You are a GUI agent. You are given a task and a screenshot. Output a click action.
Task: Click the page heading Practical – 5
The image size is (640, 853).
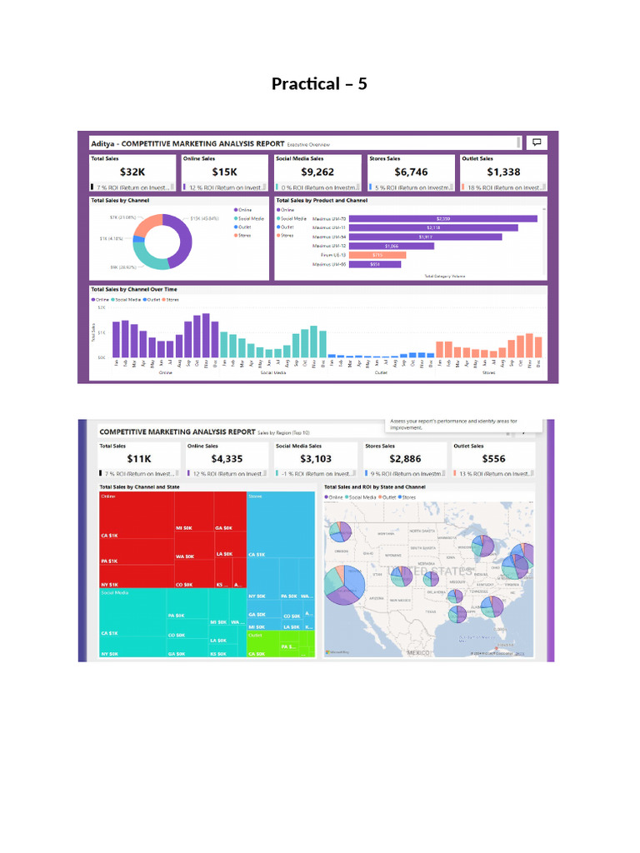point(319,84)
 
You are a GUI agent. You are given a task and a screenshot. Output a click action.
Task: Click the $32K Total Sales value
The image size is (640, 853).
point(132,172)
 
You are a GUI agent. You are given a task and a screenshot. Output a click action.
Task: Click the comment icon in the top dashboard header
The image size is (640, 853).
point(537,142)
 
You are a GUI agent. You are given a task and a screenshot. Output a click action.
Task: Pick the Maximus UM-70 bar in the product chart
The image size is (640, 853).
point(442,218)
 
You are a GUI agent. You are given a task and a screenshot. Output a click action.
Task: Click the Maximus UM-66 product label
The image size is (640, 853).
point(329,264)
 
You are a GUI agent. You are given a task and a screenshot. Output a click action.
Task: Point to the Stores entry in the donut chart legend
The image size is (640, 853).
point(243,235)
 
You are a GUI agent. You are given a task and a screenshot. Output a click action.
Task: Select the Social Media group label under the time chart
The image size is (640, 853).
point(272,372)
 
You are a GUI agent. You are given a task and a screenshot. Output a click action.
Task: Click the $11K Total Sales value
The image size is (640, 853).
point(139,459)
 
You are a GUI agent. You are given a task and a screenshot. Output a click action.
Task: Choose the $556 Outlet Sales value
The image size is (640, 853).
point(493,459)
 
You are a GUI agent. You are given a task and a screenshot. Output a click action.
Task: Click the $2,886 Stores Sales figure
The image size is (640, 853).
point(405,459)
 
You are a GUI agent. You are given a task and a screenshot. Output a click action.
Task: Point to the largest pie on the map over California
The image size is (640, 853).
point(343,583)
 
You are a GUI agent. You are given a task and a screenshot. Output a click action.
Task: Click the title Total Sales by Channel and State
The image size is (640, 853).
point(139,486)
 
